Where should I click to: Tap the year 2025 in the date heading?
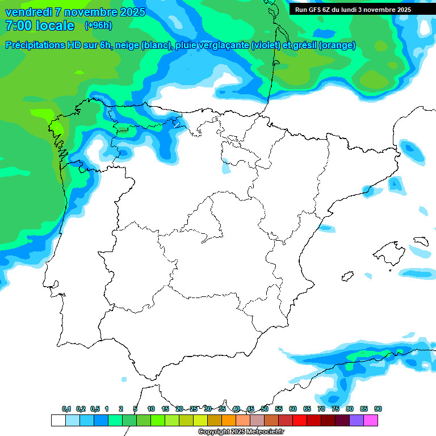click(x=130, y=12)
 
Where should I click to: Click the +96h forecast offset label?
click(x=98, y=25)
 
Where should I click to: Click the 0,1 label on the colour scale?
click(x=66, y=409)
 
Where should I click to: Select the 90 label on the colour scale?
click(x=378, y=409)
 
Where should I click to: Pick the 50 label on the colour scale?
click(x=265, y=409)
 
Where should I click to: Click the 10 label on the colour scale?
click(x=151, y=409)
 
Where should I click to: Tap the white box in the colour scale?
click(x=58, y=420)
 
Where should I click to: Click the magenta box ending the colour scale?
click(x=371, y=420)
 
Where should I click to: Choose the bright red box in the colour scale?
click(x=300, y=420)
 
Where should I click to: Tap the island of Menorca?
click(x=421, y=241)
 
